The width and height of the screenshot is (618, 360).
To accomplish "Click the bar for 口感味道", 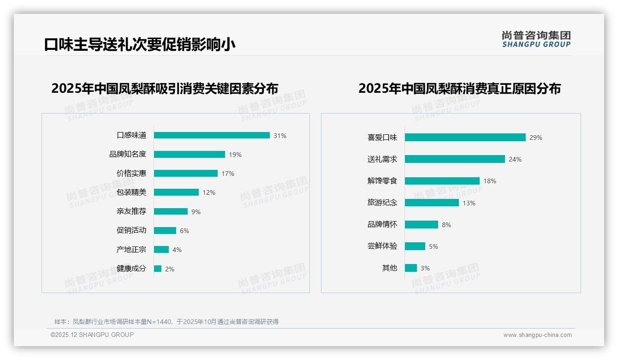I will (x=212, y=135).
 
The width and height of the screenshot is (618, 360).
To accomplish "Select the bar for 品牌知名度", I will (x=190, y=155).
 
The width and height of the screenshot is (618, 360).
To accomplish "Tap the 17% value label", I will (x=228, y=174).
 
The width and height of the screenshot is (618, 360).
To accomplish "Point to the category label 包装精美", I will (x=131, y=192).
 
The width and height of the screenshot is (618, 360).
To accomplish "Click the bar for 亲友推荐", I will (x=171, y=211).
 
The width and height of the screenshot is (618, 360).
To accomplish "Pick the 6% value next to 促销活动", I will (x=184, y=231).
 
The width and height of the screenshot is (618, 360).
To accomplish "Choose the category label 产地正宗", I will (x=131, y=250).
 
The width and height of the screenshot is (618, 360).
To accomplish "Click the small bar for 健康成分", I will (x=158, y=269).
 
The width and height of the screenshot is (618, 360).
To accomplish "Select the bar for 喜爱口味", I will (x=465, y=137).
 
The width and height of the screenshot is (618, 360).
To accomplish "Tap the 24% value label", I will (x=515, y=159).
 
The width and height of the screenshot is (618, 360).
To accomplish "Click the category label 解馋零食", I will (x=382, y=181).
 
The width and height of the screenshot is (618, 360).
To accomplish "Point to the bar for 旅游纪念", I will (x=432, y=203).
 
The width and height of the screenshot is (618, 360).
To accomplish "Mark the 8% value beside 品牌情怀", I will (x=446, y=225).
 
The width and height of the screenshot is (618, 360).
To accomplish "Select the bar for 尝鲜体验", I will (x=415, y=246).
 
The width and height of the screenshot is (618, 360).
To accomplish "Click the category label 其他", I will (x=389, y=268).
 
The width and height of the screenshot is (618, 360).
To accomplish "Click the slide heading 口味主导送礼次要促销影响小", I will (x=140, y=45).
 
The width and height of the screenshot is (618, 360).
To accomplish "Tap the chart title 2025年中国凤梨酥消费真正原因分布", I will (x=459, y=88).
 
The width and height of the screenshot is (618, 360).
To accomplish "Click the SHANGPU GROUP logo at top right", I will (x=536, y=39).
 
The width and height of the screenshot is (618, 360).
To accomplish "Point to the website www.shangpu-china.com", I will (x=537, y=335).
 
